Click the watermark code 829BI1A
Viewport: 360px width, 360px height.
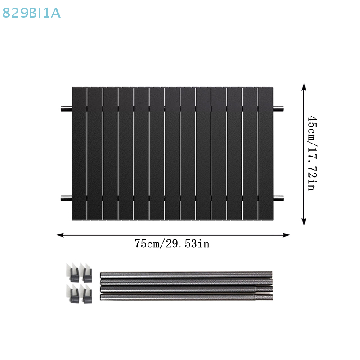tap(31, 13)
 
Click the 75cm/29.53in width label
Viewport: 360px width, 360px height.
tap(172, 244)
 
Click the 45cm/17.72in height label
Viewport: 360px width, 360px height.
tap(312, 153)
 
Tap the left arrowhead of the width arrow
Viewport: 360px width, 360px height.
tap(60, 235)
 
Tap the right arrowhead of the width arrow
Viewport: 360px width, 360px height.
tap(286, 235)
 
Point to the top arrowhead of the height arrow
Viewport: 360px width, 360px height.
tap(304, 87)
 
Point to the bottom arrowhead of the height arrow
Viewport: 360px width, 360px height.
tap(304, 221)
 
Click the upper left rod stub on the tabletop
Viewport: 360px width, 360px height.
tap(67, 108)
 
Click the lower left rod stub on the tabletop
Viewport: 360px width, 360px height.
tap(67, 198)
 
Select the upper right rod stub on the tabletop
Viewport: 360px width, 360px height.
tap(278, 108)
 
